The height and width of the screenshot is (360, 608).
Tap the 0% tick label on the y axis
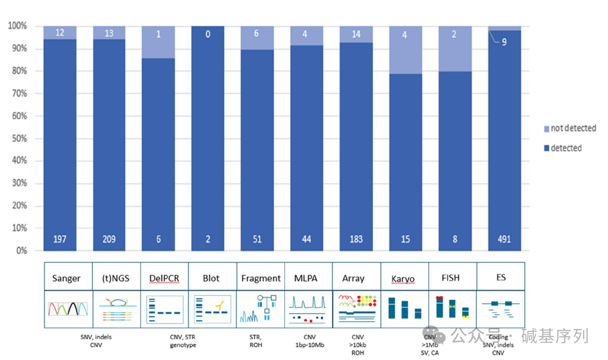(20, 251)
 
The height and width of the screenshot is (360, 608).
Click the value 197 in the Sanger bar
(60, 239)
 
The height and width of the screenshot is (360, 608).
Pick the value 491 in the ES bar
(504, 239)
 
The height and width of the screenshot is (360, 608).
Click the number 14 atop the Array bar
(356, 33)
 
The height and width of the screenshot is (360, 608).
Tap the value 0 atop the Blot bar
(208, 34)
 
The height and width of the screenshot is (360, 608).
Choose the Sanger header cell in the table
(66, 278)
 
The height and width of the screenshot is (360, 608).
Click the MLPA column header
(306, 278)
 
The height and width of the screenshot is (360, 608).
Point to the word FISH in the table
(453, 278)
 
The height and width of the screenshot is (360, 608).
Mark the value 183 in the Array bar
(356, 239)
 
